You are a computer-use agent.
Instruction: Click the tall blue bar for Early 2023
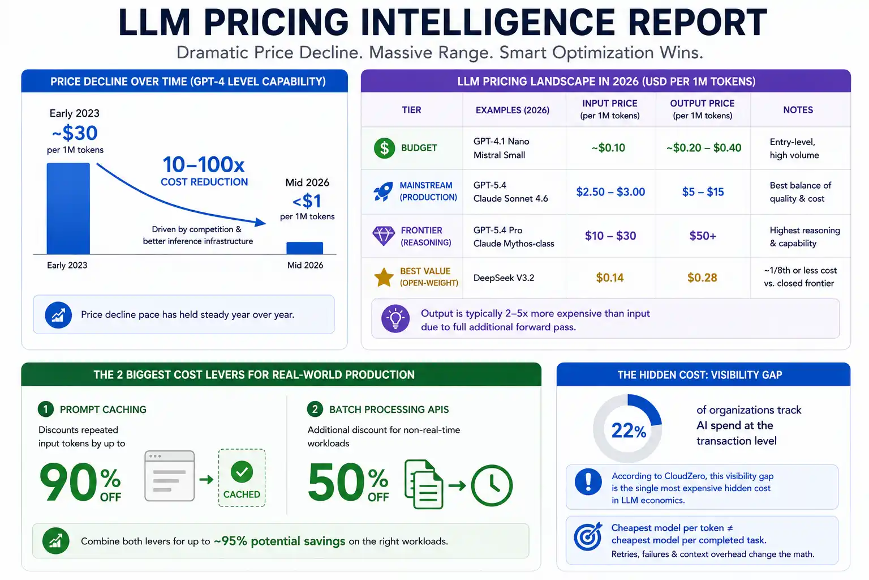(x=68, y=208)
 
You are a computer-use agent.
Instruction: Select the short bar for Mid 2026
(x=304, y=248)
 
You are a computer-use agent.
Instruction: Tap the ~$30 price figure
(x=75, y=133)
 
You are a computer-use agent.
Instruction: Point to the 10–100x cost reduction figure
(x=204, y=164)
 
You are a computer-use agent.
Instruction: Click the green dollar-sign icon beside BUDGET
(x=384, y=148)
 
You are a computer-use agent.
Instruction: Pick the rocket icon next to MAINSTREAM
(x=383, y=191)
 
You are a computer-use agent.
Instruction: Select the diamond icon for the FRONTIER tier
(x=383, y=236)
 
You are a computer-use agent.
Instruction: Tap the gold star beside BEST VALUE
(x=384, y=278)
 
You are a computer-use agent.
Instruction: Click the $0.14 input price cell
(x=610, y=278)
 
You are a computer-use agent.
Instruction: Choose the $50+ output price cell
(x=703, y=236)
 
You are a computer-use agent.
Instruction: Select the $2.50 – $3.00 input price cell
(x=610, y=192)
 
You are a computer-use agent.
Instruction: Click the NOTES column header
(x=798, y=110)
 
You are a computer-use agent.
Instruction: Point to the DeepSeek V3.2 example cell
(x=504, y=278)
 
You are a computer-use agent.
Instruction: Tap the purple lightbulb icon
(x=395, y=318)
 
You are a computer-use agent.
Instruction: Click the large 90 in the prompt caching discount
(x=68, y=482)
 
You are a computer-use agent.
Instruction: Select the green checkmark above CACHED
(x=242, y=472)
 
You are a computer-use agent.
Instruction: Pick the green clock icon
(x=492, y=485)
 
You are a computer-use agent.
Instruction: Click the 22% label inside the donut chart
(x=629, y=430)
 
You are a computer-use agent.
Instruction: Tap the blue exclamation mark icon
(x=588, y=481)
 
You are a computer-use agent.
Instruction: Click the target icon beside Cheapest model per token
(x=588, y=536)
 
